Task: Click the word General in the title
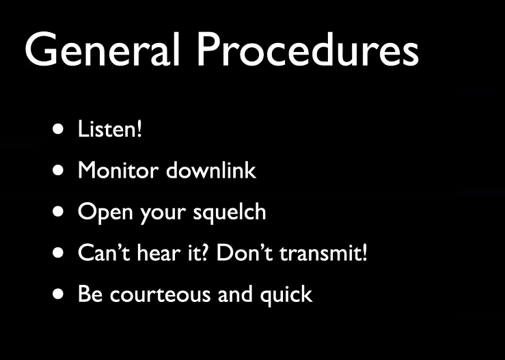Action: [102, 49]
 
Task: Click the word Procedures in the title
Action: [308, 49]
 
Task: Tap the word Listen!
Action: [110, 129]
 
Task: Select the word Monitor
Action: [118, 170]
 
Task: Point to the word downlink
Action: [211, 169]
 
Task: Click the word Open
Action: [105, 213]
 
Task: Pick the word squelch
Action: [230, 212]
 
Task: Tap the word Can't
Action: [104, 252]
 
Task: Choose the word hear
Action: [158, 252]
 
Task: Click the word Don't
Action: [245, 252]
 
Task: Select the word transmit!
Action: [323, 252]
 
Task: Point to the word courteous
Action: [160, 294]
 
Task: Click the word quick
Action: [286, 294]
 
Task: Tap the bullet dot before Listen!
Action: [58, 129]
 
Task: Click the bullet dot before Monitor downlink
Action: [58, 170]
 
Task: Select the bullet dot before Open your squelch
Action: [58, 212]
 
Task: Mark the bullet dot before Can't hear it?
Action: [58, 253]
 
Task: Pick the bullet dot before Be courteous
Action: [58, 294]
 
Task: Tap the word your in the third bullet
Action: [163, 214]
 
